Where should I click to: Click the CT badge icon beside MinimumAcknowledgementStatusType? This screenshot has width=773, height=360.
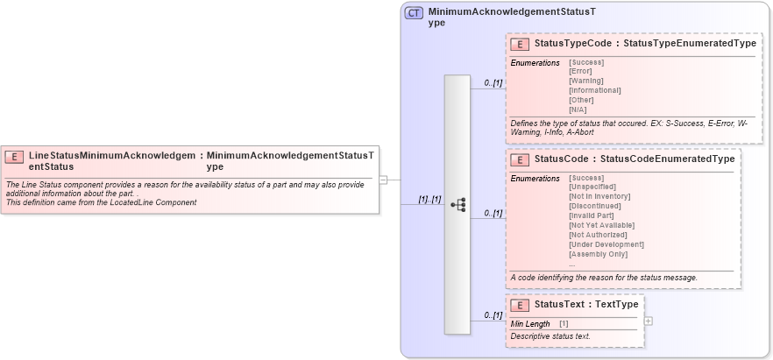414,13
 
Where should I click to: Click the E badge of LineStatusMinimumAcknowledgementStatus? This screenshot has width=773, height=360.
14,158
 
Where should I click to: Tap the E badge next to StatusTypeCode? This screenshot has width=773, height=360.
520,44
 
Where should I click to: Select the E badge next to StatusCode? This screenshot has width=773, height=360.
520,160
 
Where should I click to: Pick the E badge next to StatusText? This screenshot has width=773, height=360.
520,306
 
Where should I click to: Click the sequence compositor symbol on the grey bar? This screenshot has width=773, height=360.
457,204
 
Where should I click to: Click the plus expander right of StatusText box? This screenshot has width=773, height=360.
649,321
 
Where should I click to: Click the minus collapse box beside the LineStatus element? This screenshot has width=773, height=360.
383,180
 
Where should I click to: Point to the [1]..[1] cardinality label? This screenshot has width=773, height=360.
429,200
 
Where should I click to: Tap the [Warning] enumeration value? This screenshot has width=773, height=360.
586,81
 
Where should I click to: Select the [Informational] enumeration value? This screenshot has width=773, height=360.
595,90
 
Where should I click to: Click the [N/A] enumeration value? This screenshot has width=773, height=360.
578,109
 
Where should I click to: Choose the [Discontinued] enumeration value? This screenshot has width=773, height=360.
595,206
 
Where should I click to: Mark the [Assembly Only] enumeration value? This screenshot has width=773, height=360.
599,254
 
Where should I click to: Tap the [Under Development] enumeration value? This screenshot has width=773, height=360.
606,244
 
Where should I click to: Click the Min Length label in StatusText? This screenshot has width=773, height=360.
530,324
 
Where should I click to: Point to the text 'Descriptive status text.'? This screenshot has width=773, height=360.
550,336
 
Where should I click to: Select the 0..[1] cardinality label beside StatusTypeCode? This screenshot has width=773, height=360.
493,82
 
